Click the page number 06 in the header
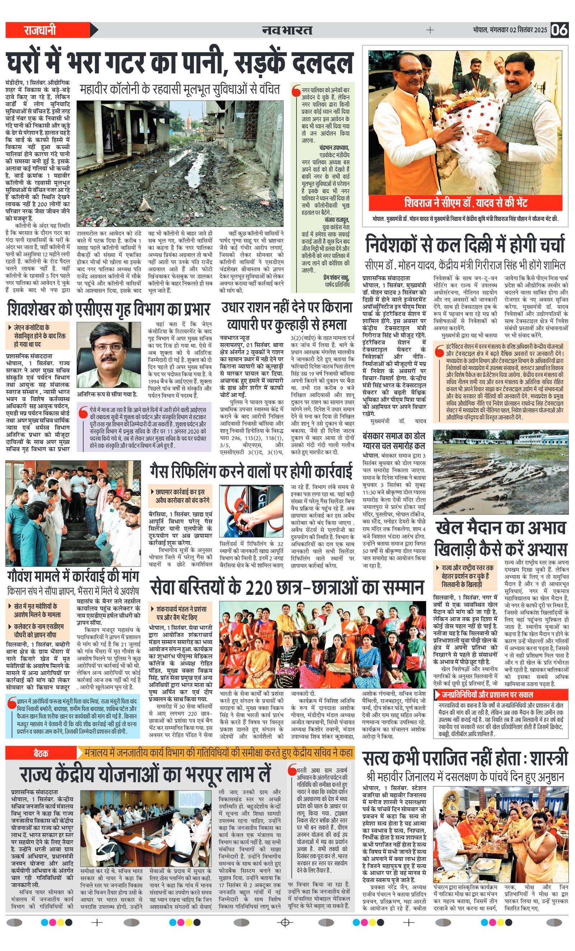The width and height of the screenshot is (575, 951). point(559,30)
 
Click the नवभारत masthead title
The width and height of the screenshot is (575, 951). point(287,30)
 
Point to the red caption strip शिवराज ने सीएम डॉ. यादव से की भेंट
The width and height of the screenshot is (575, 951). point(466,203)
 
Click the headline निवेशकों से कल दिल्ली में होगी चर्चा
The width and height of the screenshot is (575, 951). point(465,245)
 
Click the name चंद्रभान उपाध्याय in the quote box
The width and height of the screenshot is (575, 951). point(334,147)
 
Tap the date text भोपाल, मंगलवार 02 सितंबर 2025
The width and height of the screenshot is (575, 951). point(510,30)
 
